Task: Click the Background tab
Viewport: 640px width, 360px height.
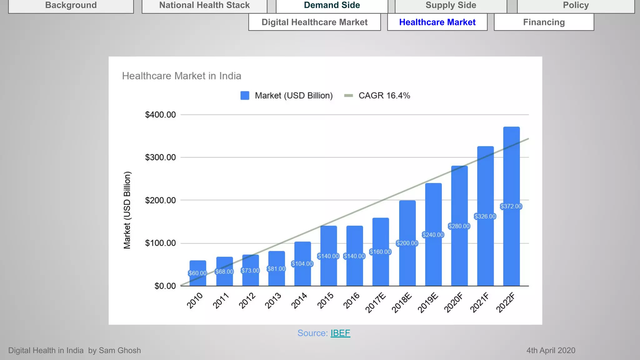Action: click(71, 5)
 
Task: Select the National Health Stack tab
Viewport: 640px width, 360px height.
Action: click(204, 5)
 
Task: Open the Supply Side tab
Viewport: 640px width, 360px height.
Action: click(451, 5)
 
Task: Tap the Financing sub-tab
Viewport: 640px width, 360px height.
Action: click(544, 22)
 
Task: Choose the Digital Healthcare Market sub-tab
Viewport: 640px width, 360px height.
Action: click(314, 22)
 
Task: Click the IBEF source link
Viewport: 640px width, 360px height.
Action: click(340, 333)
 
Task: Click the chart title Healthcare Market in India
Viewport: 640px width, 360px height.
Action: click(182, 76)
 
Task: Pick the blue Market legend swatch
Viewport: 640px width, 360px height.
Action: click(245, 96)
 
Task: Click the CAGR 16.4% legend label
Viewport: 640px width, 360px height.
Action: click(384, 96)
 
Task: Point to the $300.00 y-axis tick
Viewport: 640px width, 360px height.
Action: click(160, 157)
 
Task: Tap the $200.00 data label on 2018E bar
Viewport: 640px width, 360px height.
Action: click(407, 243)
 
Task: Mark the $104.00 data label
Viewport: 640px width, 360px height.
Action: click(302, 264)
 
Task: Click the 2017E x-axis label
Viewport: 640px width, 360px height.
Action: click(376, 303)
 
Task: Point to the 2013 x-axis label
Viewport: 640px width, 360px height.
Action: click(273, 301)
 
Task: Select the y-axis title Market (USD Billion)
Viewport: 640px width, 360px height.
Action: click(127, 210)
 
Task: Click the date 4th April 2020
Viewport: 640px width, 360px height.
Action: click(551, 350)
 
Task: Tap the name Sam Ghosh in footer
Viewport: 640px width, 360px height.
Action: click(120, 350)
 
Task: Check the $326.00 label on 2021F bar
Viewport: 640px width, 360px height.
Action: click(485, 216)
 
